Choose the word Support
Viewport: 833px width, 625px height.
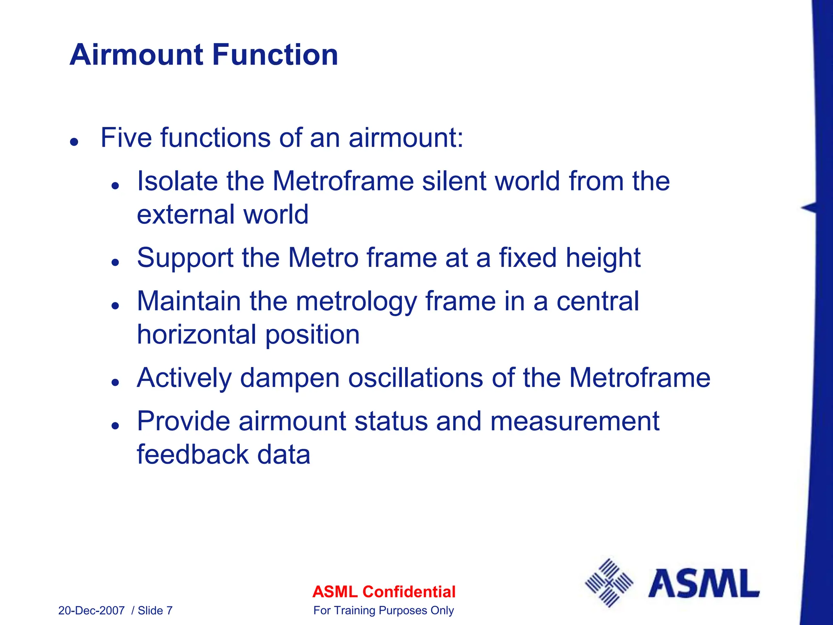(185, 259)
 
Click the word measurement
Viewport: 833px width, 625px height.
(574, 421)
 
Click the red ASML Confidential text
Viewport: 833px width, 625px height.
(384, 592)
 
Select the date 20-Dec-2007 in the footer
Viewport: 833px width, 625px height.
(91, 611)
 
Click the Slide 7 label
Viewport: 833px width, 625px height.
(155, 611)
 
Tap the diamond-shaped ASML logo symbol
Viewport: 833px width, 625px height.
(609, 583)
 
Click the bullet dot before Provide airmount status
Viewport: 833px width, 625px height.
(116, 426)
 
